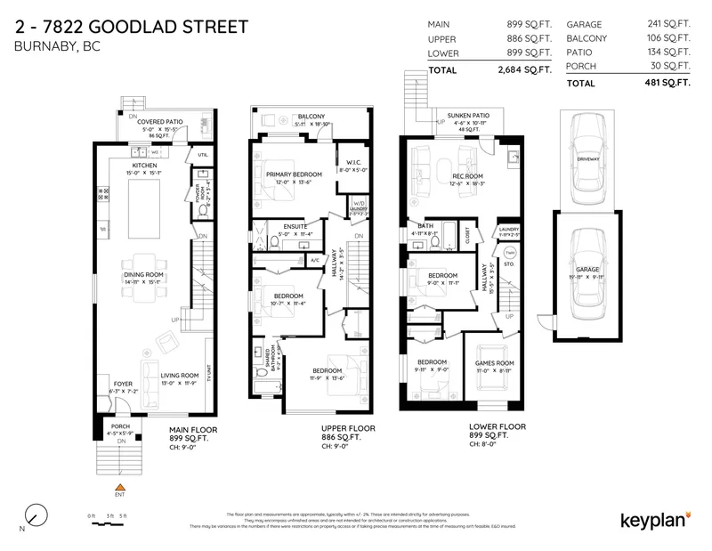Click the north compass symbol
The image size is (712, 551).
35,515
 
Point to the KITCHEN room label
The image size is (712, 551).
144,166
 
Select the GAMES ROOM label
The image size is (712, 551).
494,363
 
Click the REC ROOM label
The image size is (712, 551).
467,176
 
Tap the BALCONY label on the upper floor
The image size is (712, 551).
311,117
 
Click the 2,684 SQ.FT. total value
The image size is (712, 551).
525,70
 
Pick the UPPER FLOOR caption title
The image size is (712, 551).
347,428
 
